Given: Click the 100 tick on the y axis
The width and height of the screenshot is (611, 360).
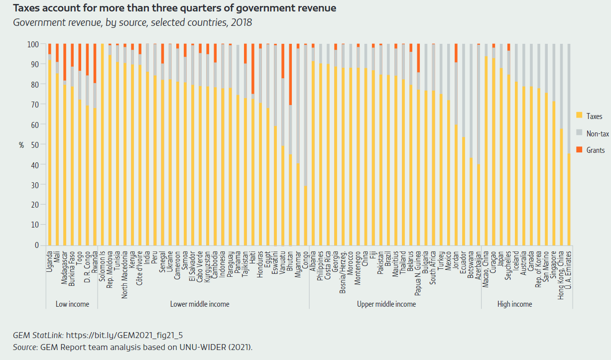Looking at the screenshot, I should [33, 44].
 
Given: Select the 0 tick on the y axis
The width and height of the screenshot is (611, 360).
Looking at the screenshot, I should [36, 245].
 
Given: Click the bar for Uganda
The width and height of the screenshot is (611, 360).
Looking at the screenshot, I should [50, 149].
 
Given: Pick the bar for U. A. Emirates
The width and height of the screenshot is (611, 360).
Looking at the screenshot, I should [569, 199].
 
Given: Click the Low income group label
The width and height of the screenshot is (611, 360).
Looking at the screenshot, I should [72, 304].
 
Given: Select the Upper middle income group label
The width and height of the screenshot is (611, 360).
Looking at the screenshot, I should [386, 304].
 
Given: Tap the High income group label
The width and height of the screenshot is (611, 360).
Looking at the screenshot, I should [515, 304].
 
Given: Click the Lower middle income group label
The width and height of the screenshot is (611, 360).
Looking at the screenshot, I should [200, 304].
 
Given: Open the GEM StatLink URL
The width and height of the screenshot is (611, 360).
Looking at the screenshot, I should [127, 335].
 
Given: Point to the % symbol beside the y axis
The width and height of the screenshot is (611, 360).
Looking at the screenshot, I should [21, 145].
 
